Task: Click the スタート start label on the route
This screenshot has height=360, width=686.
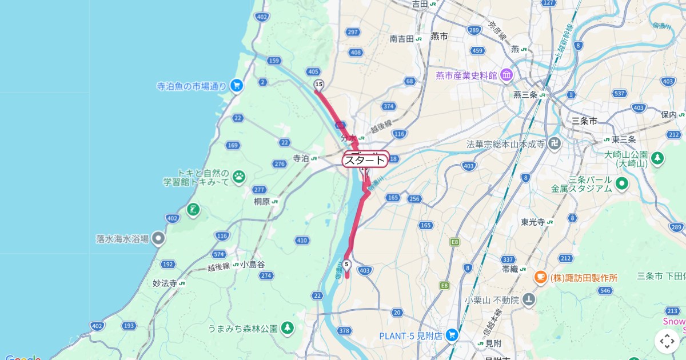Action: [365, 160]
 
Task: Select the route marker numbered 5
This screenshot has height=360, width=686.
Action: [346, 265]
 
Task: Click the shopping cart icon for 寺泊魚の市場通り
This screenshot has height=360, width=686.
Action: [236, 86]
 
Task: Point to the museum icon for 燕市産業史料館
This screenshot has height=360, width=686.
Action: [506, 75]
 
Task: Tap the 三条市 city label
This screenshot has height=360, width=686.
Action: [584, 121]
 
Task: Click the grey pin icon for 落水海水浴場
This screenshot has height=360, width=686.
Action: [158, 238]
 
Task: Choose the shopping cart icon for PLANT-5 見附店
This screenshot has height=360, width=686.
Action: [452, 335]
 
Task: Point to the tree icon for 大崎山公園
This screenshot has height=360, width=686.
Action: [658, 158]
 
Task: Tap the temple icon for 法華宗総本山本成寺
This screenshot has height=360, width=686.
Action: [553, 144]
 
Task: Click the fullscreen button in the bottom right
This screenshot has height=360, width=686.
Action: [667, 342]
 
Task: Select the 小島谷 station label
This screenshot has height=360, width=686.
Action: [252, 265]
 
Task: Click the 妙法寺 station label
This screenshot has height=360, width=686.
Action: [165, 283]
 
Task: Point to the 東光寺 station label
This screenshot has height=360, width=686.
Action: [532, 222]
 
